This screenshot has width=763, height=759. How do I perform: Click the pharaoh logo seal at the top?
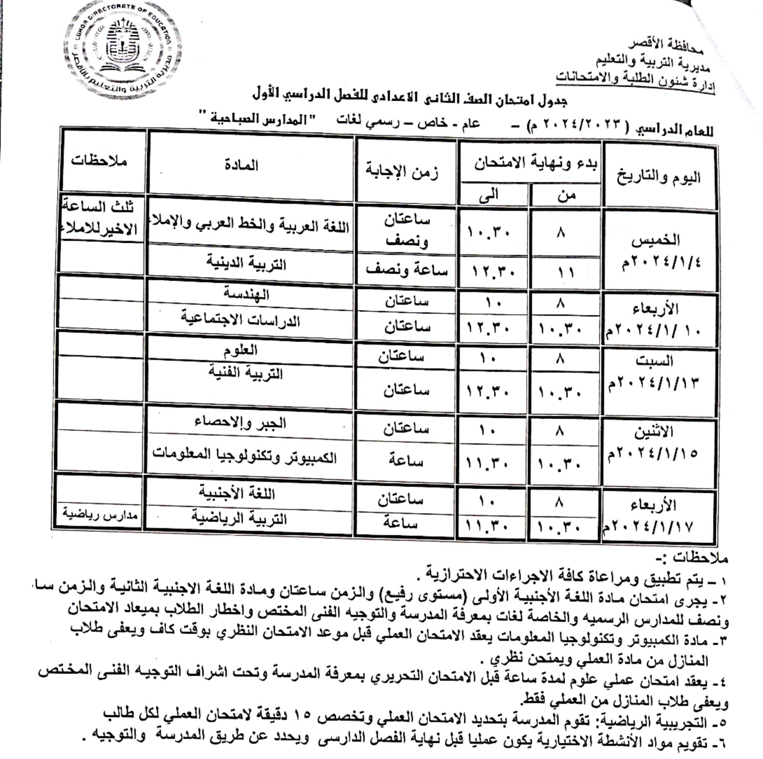click(x=123, y=49)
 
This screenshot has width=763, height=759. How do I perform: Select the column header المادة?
click(x=241, y=165)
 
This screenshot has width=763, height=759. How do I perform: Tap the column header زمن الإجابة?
click(x=402, y=170)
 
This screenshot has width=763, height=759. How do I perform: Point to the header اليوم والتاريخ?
click(x=659, y=177)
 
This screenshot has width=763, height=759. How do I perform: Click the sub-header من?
click(x=566, y=195)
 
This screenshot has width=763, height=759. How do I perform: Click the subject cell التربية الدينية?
click(x=246, y=263)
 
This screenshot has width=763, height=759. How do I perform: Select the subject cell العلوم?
click(x=240, y=351)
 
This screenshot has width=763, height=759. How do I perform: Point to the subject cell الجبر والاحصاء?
click(x=240, y=422)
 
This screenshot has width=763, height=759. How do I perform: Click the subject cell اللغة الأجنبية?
click(x=237, y=493)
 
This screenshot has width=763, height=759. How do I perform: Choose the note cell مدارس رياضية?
click(x=100, y=515)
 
